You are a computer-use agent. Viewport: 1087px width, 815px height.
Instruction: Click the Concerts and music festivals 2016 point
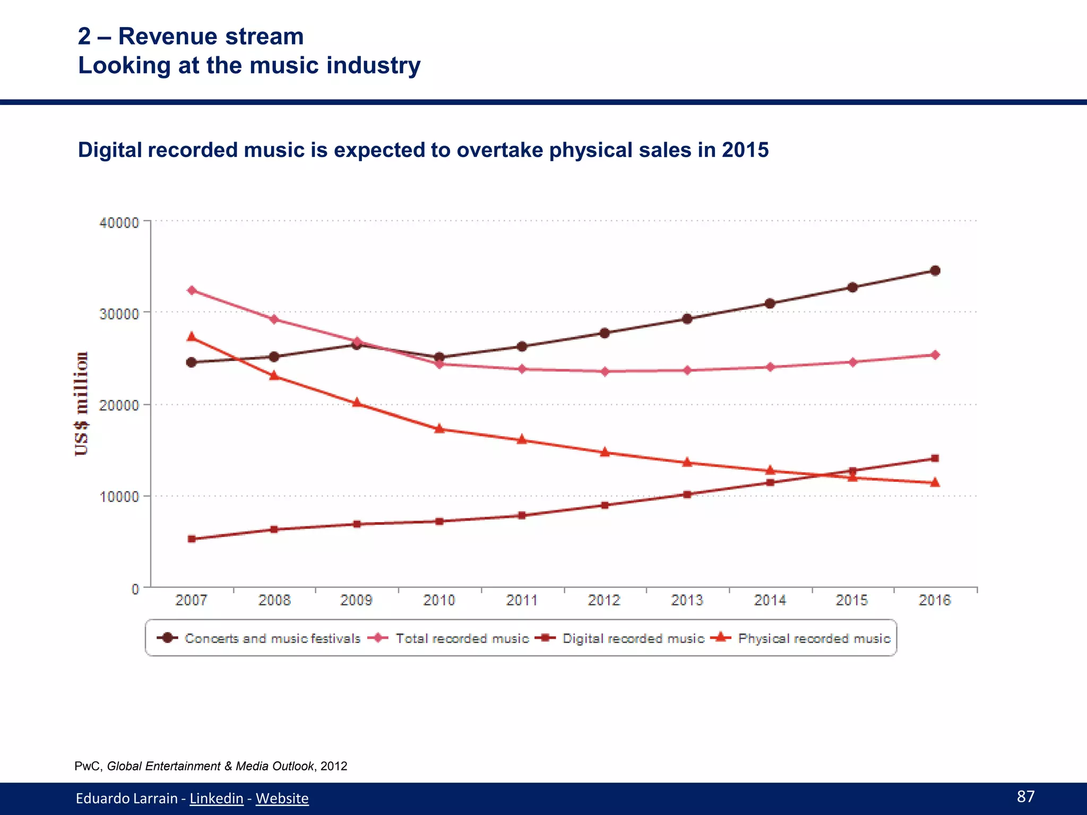[935, 271]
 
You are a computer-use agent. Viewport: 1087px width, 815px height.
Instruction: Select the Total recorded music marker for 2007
[192, 290]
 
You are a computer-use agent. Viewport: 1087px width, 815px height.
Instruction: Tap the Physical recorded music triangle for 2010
[439, 429]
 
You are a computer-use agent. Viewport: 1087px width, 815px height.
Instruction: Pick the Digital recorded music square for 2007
[192, 539]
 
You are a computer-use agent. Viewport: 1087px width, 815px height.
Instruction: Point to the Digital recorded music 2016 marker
[935, 458]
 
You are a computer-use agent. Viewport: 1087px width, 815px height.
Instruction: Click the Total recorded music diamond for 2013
[687, 370]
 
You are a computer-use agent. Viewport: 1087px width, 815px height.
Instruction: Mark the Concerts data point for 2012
[605, 333]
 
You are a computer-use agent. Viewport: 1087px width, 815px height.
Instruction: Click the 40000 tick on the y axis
[119, 222]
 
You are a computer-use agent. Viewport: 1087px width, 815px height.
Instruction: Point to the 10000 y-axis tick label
[119, 497]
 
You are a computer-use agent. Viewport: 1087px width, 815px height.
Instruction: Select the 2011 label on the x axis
[522, 600]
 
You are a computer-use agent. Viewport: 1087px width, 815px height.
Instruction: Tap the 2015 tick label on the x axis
[852, 600]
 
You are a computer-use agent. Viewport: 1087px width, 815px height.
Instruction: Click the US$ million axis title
[81, 404]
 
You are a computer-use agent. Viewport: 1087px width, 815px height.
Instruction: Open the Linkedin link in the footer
[217, 798]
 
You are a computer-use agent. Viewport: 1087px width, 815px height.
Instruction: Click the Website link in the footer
[282, 798]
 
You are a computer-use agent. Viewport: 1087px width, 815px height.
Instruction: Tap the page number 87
[1025, 796]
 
